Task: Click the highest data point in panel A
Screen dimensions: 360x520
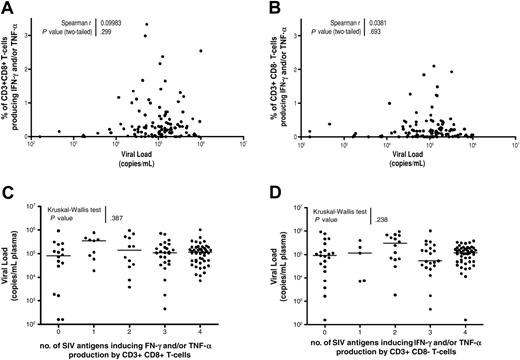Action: click(x=147, y=23)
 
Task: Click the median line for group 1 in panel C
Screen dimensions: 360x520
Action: click(x=96, y=241)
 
